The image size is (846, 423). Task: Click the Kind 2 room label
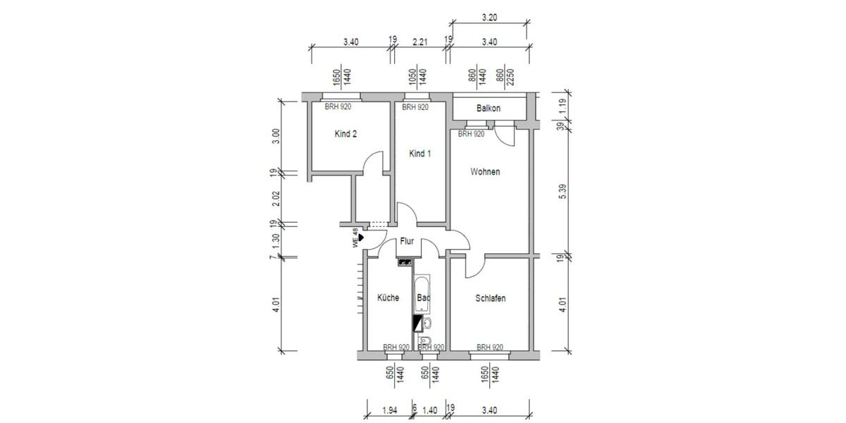point(345,134)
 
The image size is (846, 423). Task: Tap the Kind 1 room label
point(419,154)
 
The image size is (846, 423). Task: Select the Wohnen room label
point(485,172)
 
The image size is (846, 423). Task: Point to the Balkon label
point(488,109)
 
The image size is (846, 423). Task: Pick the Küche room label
point(388,298)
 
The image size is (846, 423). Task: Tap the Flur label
point(407,241)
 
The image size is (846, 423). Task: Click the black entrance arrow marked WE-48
point(361,238)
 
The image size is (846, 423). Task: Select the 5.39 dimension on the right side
point(562,192)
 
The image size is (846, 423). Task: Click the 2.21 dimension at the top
point(419,42)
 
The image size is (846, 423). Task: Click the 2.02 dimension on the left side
point(276,199)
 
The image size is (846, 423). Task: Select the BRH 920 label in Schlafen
point(489,347)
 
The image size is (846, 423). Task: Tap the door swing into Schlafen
point(474,266)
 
